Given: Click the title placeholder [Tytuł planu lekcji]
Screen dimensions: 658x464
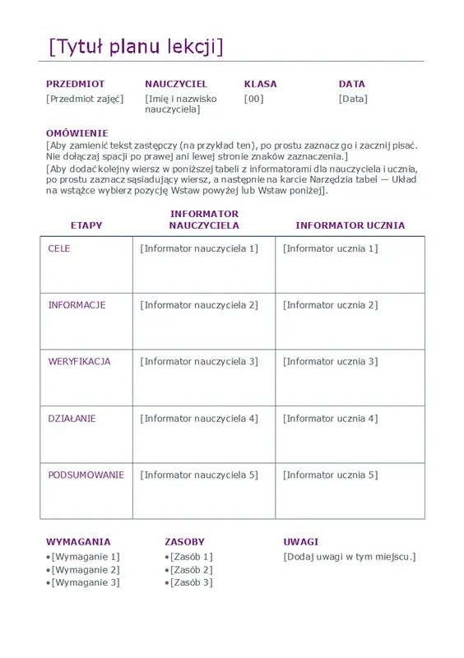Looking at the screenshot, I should [x=136, y=47].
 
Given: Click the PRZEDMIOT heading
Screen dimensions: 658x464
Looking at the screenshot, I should [x=76, y=84].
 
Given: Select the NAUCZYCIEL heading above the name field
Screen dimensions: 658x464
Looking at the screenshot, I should [x=176, y=84].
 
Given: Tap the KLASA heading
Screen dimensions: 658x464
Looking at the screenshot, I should [x=261, y=84].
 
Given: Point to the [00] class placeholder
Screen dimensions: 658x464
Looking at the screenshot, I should [x=254, y=99].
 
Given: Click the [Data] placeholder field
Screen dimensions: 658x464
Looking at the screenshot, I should [x=353, y=99].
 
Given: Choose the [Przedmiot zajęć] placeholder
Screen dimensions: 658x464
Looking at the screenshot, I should [x=85, y=99].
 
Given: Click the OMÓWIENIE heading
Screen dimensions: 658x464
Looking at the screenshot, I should [x=77, y=132].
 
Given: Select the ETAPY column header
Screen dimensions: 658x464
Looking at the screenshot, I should [x=86, y=225].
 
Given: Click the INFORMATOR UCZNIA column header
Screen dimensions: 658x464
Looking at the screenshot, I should [x=350, y=225].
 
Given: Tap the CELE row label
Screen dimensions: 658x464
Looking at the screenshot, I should [x=59, y=248].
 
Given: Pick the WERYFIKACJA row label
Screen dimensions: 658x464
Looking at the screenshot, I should [x=79, y=361].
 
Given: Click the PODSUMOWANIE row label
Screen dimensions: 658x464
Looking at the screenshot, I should [x=86, y=475].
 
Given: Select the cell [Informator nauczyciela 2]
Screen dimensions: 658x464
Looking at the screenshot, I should [x=199, y=305].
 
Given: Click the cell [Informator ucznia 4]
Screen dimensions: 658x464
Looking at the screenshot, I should [x=331, y=419].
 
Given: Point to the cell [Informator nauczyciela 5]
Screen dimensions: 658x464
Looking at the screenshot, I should [x=199, y=475].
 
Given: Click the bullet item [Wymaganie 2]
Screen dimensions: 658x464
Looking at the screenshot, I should [x=86, y=569].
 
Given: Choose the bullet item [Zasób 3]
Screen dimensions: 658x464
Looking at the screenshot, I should [x=191, y=582].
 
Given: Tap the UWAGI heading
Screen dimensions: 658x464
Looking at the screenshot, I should [x=300, y=542].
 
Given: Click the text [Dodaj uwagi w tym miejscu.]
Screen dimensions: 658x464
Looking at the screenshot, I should [x=350, y=557].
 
